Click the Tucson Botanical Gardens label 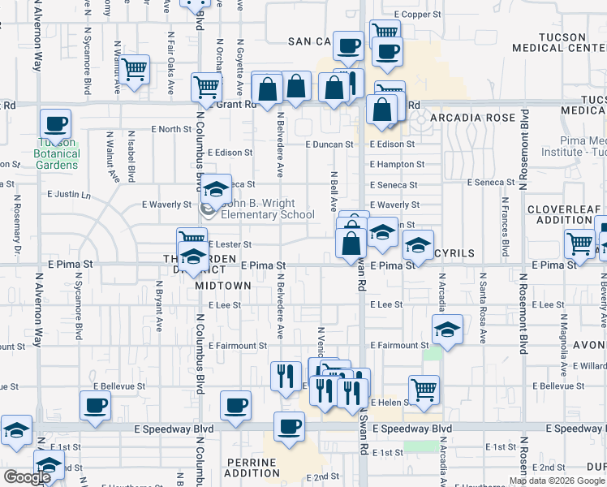[x=57, y=153]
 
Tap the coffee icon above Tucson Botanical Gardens [x=56, y=124]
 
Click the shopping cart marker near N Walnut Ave [x=135, y=70]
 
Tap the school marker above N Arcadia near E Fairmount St [x=446, y=330]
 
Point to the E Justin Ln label [x=69, y=195]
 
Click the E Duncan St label [x=329, y=144]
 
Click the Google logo [x=27, y=477]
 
